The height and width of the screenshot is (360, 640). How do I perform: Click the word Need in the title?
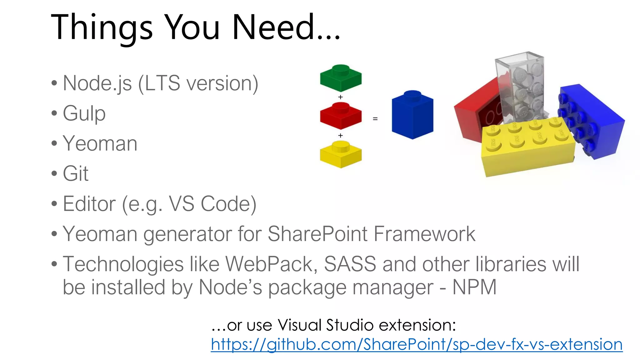[x=272, y=27]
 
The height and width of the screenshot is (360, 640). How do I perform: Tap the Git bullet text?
[x=76, y=173]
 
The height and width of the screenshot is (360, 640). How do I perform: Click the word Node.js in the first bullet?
[x=97, y=83]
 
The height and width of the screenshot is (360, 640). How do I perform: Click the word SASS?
[x=350, y=264]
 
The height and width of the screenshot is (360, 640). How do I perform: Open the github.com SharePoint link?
[x=417, y=344]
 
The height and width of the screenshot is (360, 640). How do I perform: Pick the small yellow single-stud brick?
[x=341, y=154]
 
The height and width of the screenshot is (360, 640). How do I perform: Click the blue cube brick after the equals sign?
[x=412, y=116]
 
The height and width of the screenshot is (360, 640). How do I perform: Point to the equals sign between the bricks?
[x=375, y=119]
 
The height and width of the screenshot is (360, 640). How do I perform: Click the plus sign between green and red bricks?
[x=341, y=97]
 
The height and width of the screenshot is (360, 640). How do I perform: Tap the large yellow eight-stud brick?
[x=528, y=147]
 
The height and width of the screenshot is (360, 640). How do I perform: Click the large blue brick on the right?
[x=591, y=122]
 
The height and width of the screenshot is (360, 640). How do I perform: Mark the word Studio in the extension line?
[x=350, y=325]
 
